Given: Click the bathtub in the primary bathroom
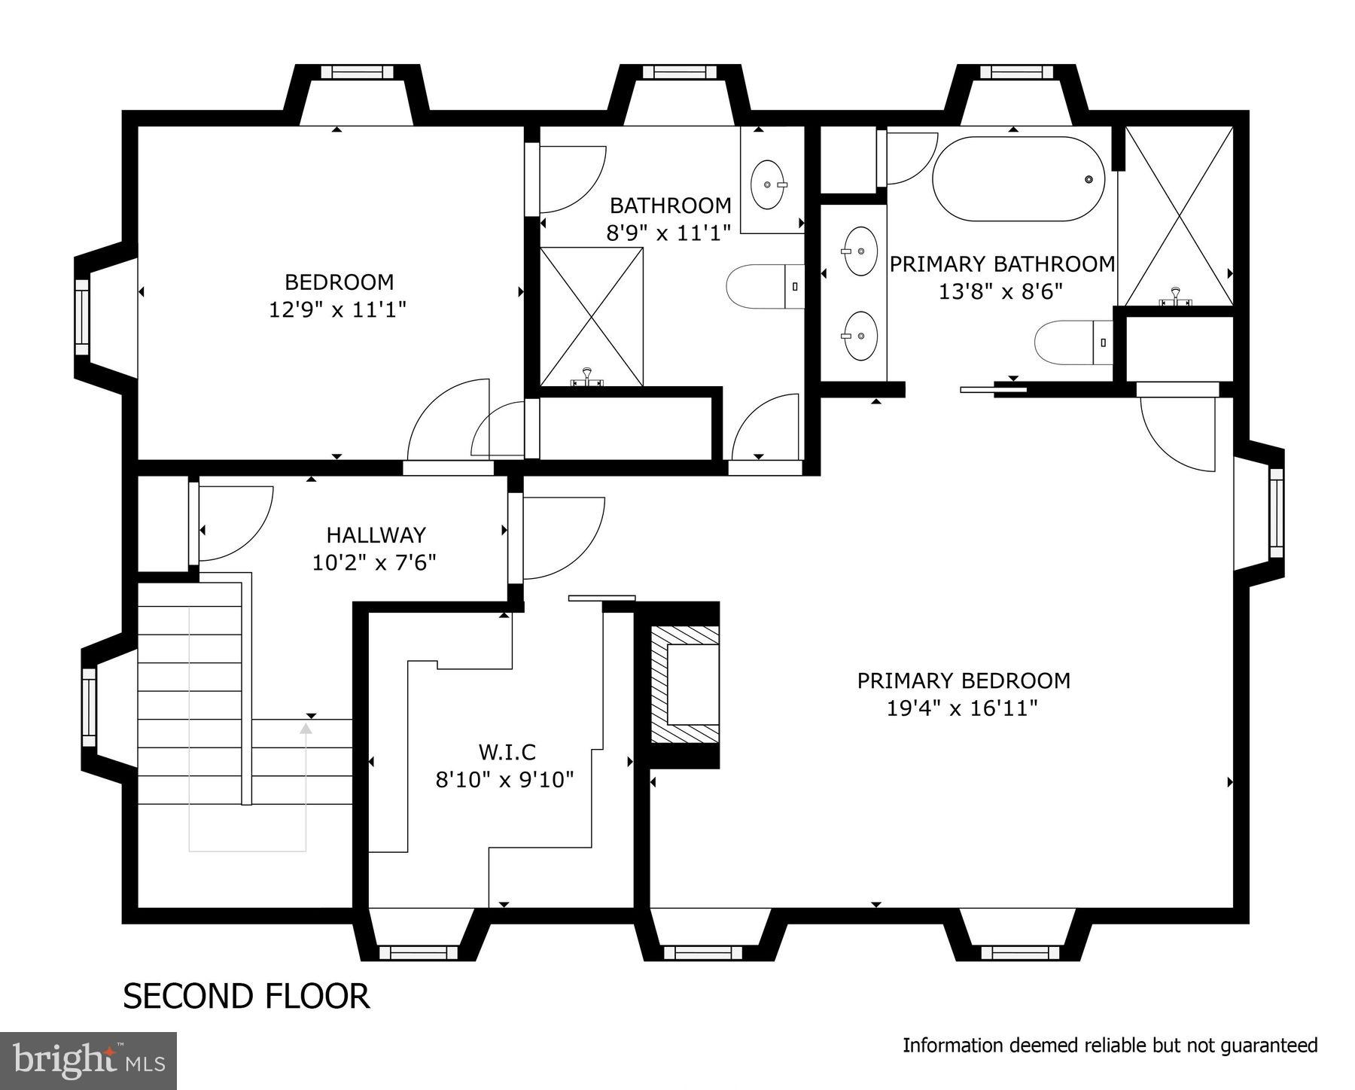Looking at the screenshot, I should coord(1018,179).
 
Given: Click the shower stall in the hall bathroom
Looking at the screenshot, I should coord(592,317).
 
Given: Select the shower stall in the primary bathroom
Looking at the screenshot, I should coord(1175,217).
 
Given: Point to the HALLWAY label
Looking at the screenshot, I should coord(376,535).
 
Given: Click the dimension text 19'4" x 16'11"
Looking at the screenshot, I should coord(963,708).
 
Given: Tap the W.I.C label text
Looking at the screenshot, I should coord(507,751).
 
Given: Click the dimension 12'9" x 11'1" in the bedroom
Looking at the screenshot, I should coord(338,309).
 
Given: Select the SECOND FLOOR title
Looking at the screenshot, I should coord(246,996).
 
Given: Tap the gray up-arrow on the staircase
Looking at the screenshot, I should coord(306,729).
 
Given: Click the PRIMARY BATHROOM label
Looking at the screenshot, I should coord(1001,264).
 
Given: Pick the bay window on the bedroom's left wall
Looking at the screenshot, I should coord(83,316).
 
